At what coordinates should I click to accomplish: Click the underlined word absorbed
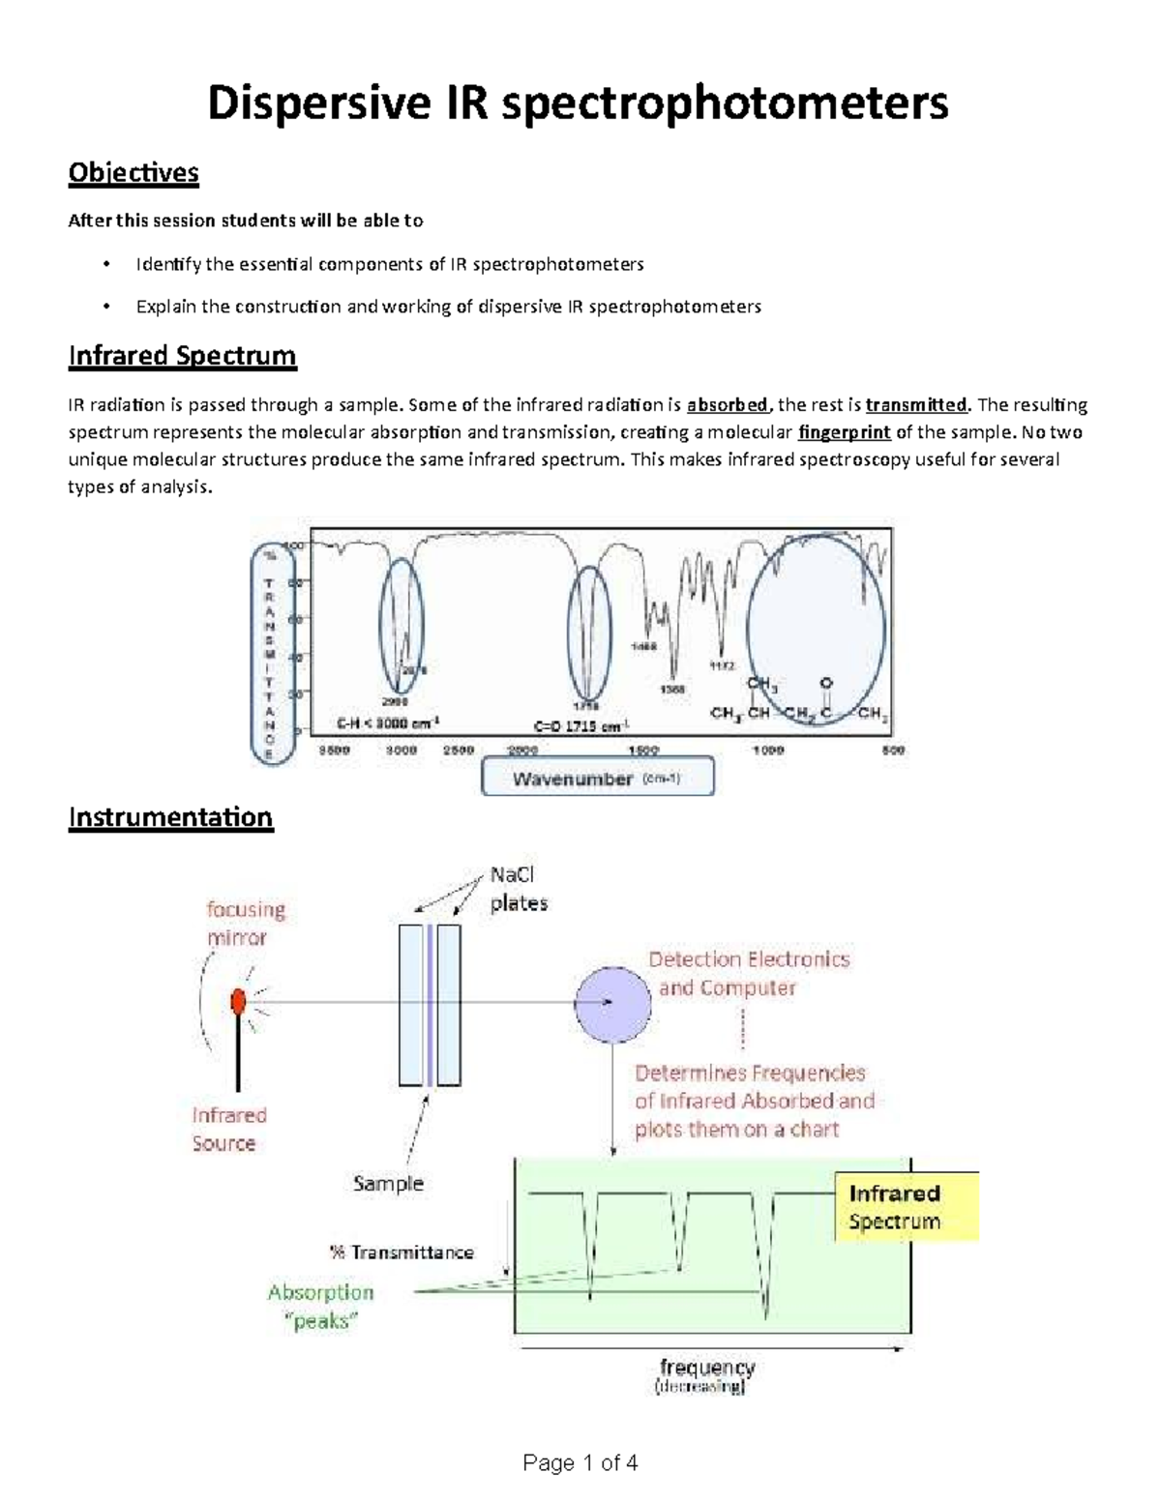pyautogui.click(x=726, y=404)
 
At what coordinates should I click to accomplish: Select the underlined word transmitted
pyautogui.click(x=915, y=404)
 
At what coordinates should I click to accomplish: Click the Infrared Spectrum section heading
pyautogui.click(x=182, y=356)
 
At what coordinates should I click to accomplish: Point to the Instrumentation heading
pyautogui.click(x=170, y=817)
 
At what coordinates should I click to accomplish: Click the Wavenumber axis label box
pyautogui.click(x=597, y=778)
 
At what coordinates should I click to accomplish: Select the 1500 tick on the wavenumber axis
pyautogui.click(x=643, y=750)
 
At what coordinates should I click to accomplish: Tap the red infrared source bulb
pyautogui.click(x=238, y=1002)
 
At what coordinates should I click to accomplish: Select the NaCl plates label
pyautogui.click(x=519, y=889)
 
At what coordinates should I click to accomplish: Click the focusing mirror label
pyautogui.click(x=245, y=923)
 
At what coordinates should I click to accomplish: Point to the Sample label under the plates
pyautogui.click(x=388, y=1183)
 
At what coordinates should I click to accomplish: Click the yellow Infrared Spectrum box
pyautogui.click(x=905, y=1207)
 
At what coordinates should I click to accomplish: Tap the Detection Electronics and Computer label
pyautogui.click(x=748, y=973)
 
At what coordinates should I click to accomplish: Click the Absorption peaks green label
pyautogui.click(x=320, y=1307)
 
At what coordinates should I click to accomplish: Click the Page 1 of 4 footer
pyautogui.click(x=580, y=1462)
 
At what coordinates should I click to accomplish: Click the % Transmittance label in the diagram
pyautogui.click(x=402, y=1252)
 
